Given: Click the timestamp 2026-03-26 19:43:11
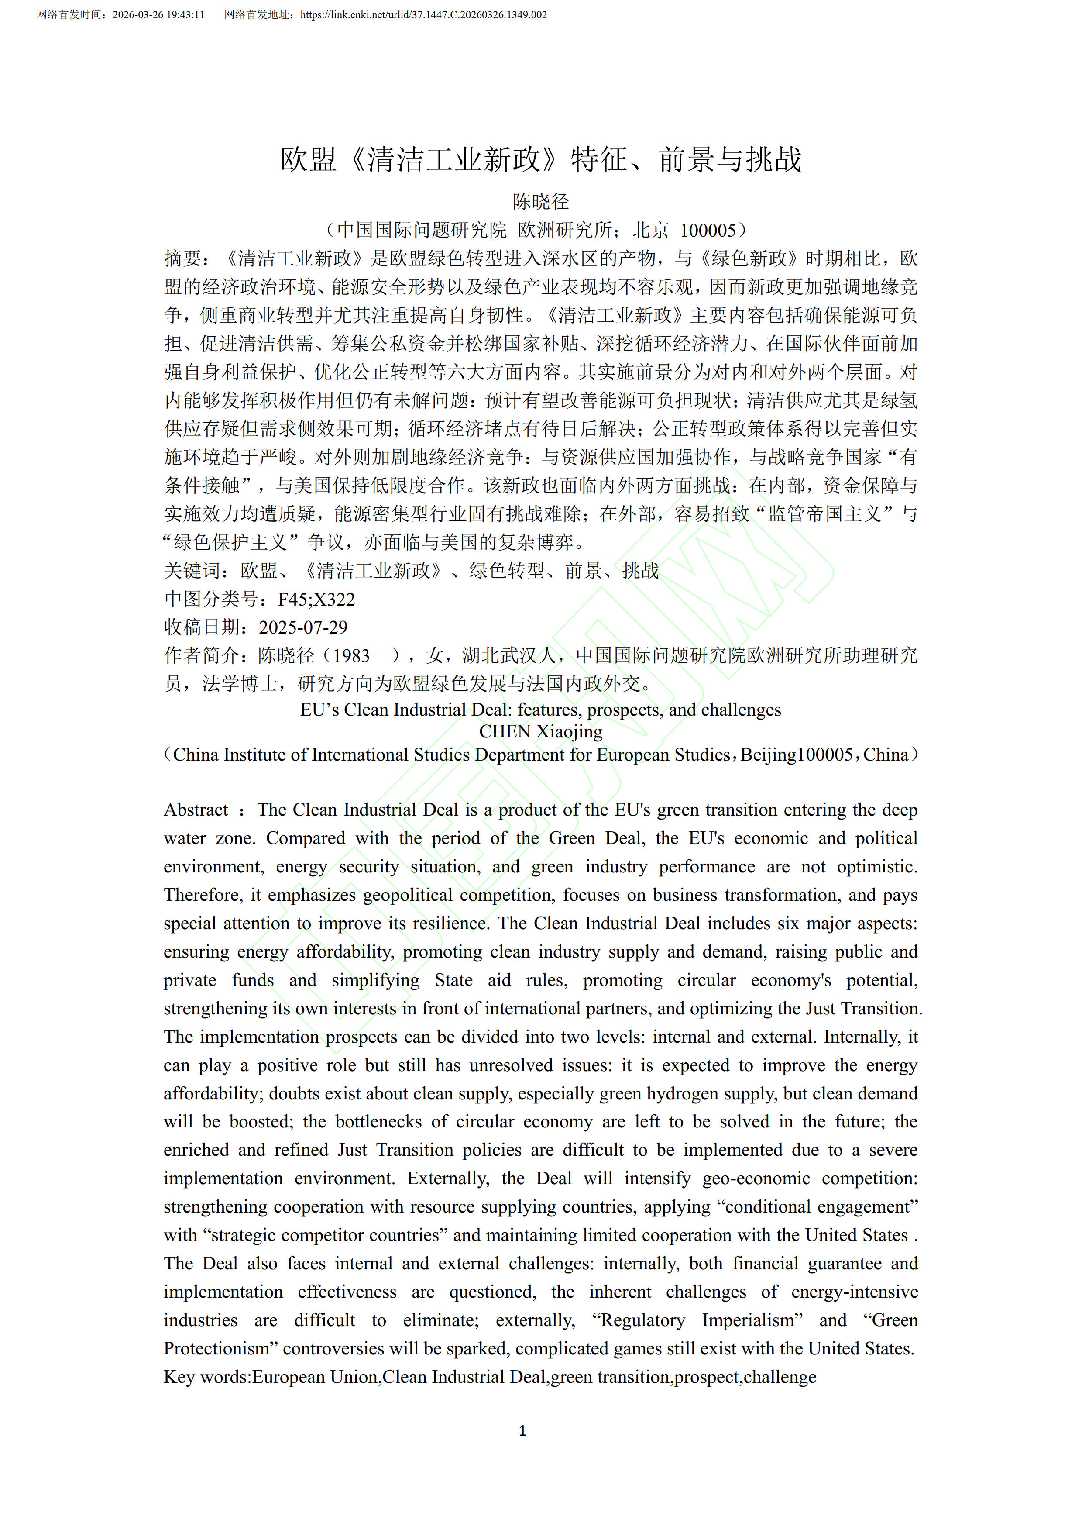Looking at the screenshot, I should click(x=158, y=15).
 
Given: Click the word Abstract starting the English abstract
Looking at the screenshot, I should click(x=196, y=810).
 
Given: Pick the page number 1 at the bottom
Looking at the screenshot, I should click(x=522, y=1431).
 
